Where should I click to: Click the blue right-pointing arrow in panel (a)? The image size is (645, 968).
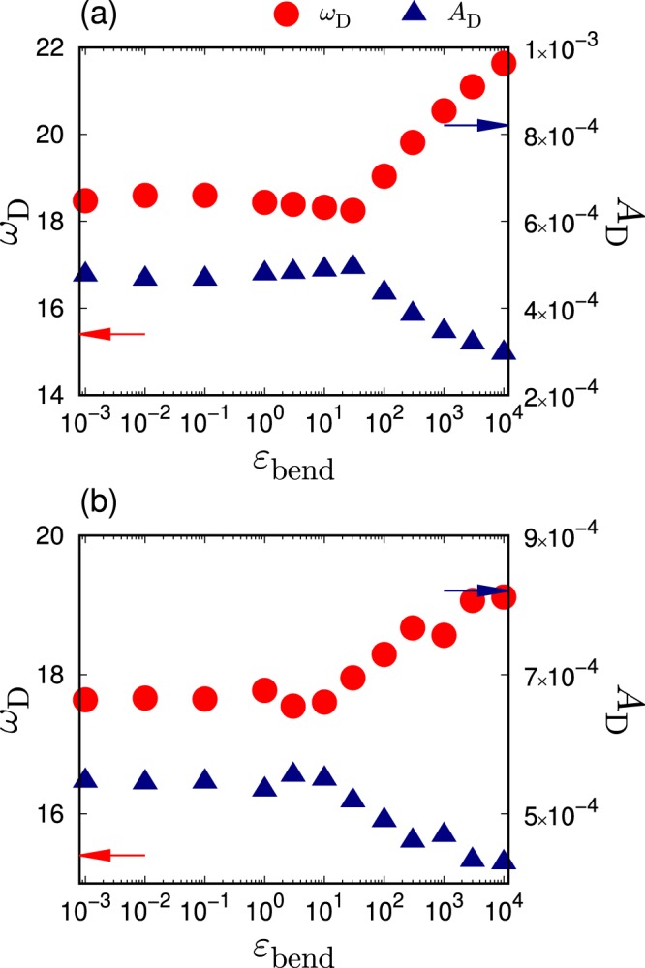[476, 125]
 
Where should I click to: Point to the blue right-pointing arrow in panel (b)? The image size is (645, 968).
[476, 590]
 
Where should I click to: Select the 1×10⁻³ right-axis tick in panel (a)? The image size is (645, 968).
[570, 46]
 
